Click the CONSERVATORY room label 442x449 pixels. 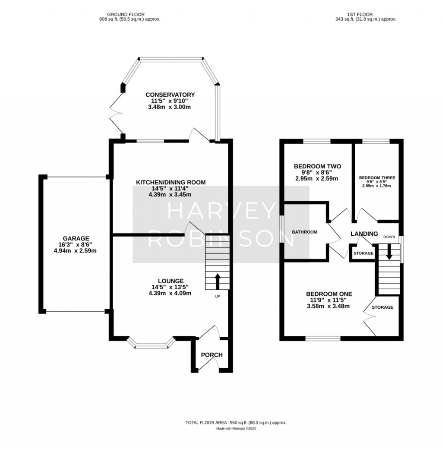pos(170,95)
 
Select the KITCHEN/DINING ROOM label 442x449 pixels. pos(170,182)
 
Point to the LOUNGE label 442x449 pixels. pos(171,281)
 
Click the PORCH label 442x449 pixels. pos(212,355)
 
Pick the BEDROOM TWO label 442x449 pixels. pos(318,166)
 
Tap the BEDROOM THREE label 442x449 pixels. pos(377,178)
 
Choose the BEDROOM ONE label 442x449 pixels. pos(329,294)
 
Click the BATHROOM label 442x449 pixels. pos(305,232)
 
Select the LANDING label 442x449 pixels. pos(364,234)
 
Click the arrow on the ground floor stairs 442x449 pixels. pos(218,281)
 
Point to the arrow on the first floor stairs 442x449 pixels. pos(389,252)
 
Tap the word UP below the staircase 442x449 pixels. pos(218,297)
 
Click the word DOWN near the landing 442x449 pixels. pos(389,237)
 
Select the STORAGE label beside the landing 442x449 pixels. pos(363,253)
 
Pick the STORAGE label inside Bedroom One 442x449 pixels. pos(382,307)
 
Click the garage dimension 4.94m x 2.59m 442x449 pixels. pos(75,251)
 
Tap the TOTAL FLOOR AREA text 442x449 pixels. pos(236,423)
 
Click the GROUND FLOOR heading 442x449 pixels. pos(126,14)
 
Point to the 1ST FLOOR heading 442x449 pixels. pos(360,14)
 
